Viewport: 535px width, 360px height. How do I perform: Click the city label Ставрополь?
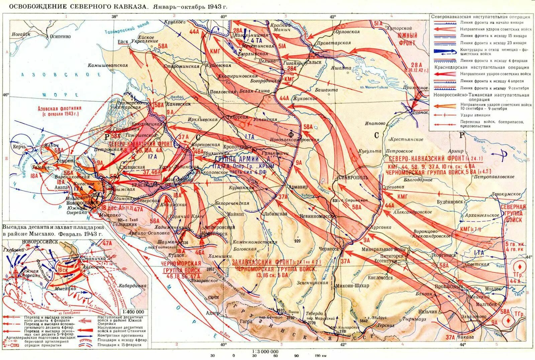(353, 177)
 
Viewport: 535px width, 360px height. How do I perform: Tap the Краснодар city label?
(145, 185)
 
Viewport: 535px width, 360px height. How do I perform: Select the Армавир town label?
(298, 187)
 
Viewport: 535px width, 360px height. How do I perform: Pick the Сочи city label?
(213, 297)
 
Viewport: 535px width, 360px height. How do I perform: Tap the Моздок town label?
(493, 289)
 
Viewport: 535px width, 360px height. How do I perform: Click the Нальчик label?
(427, 312)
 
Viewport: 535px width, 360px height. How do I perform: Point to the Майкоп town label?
(235, 214)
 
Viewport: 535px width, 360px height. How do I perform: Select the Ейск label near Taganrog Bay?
(123, 42)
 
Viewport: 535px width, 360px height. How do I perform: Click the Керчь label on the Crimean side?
(19, 147)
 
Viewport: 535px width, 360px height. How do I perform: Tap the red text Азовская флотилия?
(60, 109)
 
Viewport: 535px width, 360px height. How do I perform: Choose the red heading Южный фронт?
(407, 39)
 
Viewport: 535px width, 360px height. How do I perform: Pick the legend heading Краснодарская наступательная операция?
(481, 67)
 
